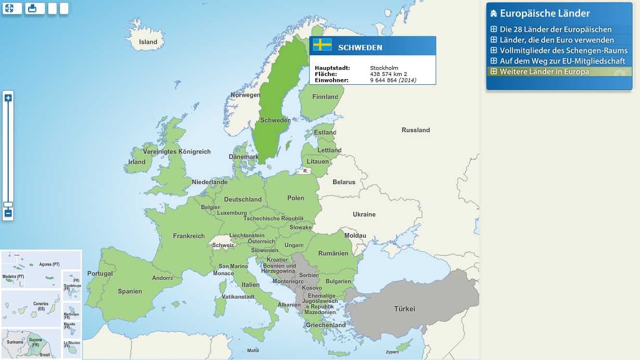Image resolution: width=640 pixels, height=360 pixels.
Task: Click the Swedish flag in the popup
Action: [x=322, y=45]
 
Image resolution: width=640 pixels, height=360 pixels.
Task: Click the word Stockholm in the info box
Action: [x=384, y=68]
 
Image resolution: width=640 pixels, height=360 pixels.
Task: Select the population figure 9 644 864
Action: [x=383, y=80]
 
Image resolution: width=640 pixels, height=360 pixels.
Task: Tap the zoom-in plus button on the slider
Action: [x=8, y=98]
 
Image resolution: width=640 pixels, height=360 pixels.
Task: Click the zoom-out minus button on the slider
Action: [x=8, y=213]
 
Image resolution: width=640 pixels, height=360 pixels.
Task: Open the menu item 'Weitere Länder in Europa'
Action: [x=544, y=71]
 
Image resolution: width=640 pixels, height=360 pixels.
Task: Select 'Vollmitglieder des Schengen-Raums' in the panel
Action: [x=564, y=50]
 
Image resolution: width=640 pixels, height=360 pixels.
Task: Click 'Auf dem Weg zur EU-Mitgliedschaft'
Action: [x=562, y=61]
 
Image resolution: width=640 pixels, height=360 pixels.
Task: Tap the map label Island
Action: [x=148, y=42]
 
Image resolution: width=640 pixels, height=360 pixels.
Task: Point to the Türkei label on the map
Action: [x=404, y=309]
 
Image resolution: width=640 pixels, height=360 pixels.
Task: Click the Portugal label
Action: [x=100, y=273]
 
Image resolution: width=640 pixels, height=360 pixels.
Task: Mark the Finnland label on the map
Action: [x=325, y=97]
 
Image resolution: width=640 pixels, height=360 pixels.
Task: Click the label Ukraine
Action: [x=364, y=214]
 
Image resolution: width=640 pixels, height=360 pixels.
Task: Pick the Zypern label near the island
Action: [x=392, y=352]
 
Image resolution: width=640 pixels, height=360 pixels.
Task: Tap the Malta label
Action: [x=253, y=351]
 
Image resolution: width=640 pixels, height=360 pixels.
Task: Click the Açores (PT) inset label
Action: [x=49, y=264]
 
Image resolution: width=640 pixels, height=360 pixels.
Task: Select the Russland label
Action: [x=416, y=130]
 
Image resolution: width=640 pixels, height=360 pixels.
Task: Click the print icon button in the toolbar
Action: [x=35, y=8]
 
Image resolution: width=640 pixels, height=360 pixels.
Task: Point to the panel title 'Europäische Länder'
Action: [x=545, y=14]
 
